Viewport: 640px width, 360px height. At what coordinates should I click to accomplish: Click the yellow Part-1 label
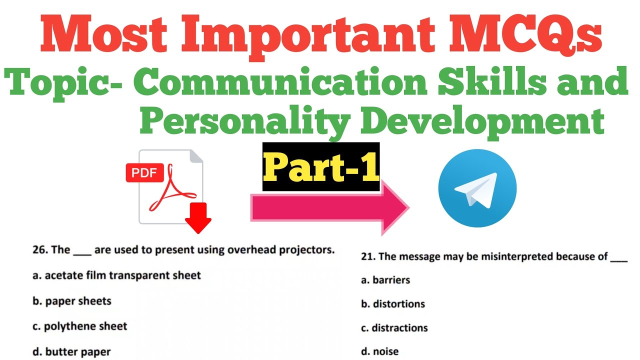tap(321, 167)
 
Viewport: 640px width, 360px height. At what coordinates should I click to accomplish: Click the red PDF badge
tap(144, 173)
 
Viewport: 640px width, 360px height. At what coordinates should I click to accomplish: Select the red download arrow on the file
tap(198, 219)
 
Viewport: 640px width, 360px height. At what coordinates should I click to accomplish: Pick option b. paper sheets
tap(72, 301)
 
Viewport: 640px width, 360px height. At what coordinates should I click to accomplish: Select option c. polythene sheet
tap(80, 326)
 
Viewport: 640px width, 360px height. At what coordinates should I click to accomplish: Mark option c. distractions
tap(394, 328)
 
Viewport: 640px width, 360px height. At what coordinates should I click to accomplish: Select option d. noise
tap(380, 351)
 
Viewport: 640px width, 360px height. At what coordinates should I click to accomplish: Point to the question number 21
tap(368, 257)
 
